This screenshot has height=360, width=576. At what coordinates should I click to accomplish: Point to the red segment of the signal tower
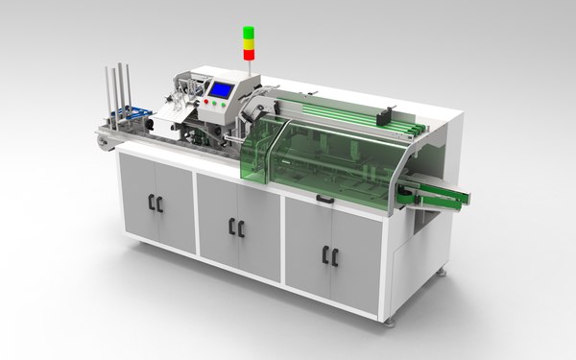point(248,54)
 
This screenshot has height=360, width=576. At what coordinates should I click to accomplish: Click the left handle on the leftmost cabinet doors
point(151,203)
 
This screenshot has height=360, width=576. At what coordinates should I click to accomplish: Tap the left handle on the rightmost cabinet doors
point(326,254)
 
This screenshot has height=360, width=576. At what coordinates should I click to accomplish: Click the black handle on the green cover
point(324,200)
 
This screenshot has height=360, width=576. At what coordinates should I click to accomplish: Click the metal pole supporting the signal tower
point(248,70)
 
